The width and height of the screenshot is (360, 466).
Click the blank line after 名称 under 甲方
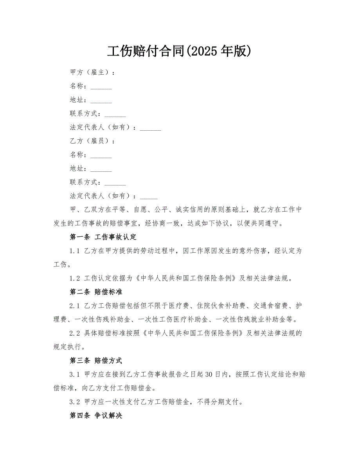point(101,87)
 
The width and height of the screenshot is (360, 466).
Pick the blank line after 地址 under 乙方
point(101,169)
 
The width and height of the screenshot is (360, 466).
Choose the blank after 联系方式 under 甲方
point(115,114)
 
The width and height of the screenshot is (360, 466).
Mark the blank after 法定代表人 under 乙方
point(149,197)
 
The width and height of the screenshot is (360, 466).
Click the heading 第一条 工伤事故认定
point(103,237)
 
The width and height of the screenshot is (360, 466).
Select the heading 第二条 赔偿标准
point(96,291)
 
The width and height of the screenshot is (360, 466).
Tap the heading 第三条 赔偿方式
point(96,360)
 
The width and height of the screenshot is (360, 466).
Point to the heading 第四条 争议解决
point(96,415)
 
